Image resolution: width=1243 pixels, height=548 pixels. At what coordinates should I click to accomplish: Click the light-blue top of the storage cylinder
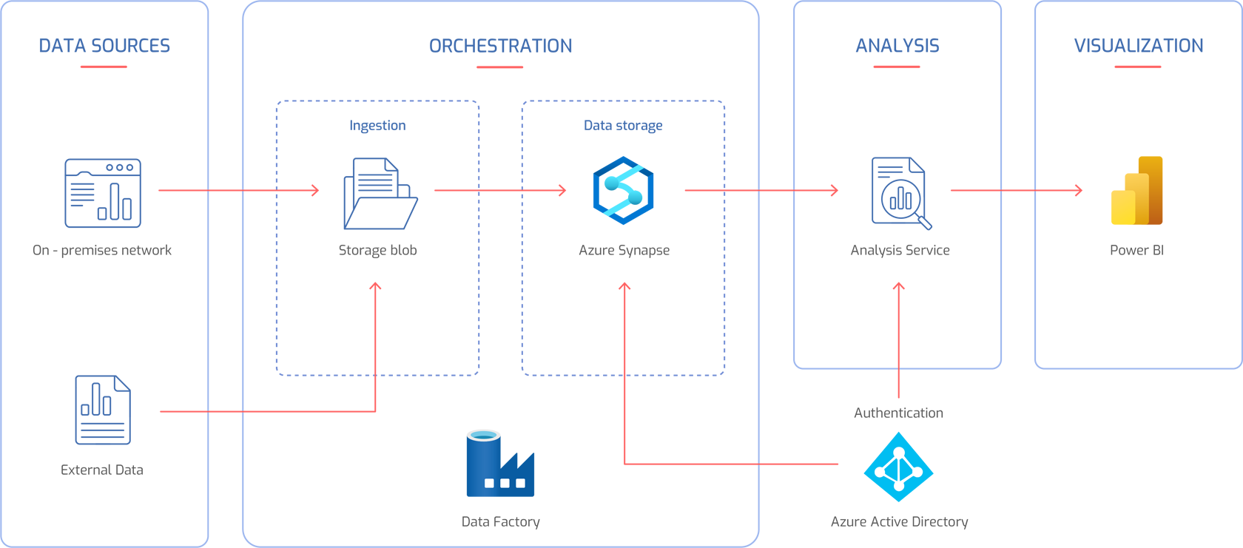[x=482, y=436]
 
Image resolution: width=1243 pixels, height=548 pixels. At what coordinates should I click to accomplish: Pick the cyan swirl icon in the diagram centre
[x=623, y=191]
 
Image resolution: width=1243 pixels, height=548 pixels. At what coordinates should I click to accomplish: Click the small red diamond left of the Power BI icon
[x=1018, y=190]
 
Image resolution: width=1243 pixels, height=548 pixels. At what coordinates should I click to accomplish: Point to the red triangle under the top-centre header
[x=501, y=78]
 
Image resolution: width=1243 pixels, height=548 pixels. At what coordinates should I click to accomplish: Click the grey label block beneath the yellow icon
[x=1137, y=270]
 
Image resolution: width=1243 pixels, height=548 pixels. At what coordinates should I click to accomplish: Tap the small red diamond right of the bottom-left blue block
[x=225, y=411]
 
